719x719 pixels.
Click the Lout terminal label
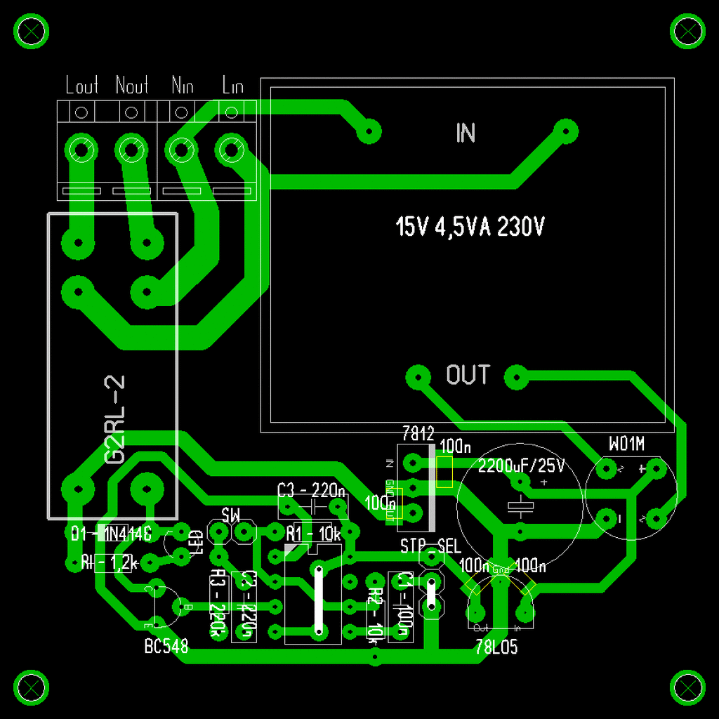[81, 86]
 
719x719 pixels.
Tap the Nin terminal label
[182, 86]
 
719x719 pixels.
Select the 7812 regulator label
[418, 433]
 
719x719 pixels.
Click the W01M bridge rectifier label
[626, 443]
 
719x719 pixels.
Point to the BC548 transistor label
[166, 647]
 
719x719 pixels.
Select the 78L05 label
[496, 647]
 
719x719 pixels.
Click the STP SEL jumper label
[431, 546]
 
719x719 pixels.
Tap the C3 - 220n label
[311, 489]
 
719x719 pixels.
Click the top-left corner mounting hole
[32, 32]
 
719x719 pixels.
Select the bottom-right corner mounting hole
[687, 687]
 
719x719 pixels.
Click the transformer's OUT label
[468, 375]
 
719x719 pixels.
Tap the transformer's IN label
[466, 133]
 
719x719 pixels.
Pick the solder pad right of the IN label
[565, 131]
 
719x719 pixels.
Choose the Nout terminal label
[132, 86]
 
